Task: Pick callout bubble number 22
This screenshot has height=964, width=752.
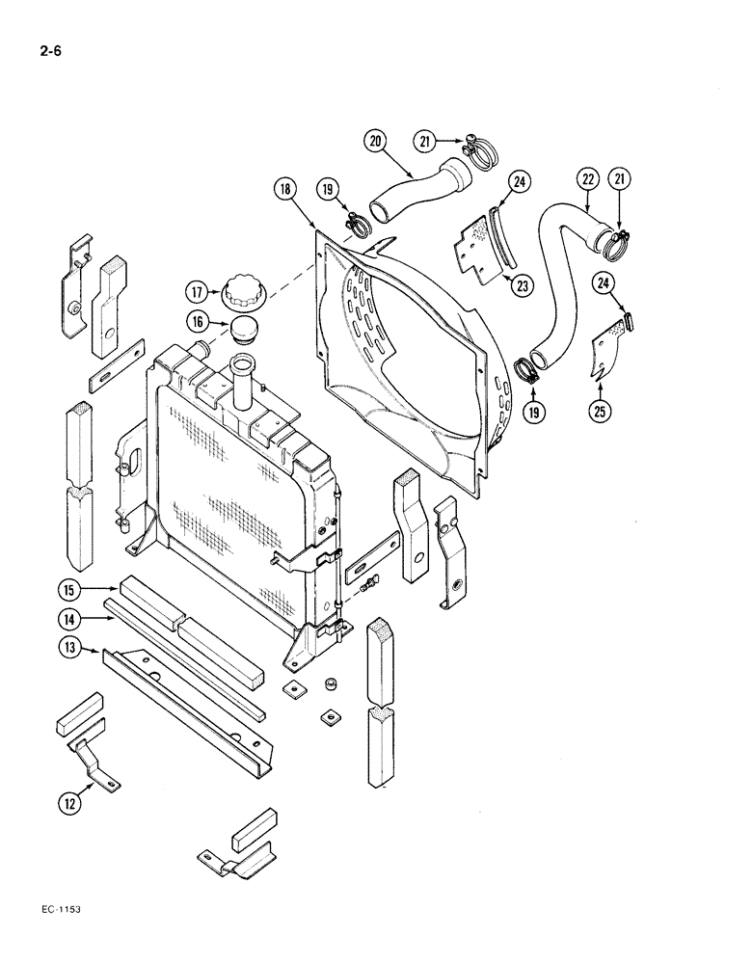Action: [x=589, y=178]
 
